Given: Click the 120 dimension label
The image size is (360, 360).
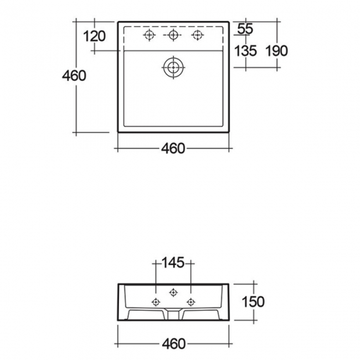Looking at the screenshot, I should [x=94, y=37].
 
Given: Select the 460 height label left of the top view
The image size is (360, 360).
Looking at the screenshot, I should [x=74, y=76].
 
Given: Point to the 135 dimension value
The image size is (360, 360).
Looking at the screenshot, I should [x=246, y=51].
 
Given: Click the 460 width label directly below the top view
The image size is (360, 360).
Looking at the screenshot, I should [x=173, y=149].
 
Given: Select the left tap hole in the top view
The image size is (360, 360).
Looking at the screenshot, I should [x=148, y=35].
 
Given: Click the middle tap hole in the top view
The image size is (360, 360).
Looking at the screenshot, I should [x=173, y=35].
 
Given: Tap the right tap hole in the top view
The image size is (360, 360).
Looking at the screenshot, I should [x=197, y=35].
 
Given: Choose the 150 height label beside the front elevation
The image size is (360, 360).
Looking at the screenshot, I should [x=253, y=302].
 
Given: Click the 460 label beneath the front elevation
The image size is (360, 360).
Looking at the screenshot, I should [x=173, y=344].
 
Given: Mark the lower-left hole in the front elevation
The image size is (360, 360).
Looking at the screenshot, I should [x=156, y=302].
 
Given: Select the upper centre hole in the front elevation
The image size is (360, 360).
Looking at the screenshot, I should [x=174, y=292].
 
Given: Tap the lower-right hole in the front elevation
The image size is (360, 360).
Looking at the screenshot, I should [x=191, y=302].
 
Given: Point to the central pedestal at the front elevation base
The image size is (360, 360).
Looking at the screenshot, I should [x=174, y=315].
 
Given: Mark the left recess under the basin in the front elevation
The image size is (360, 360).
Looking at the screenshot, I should [x=146, y=315].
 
